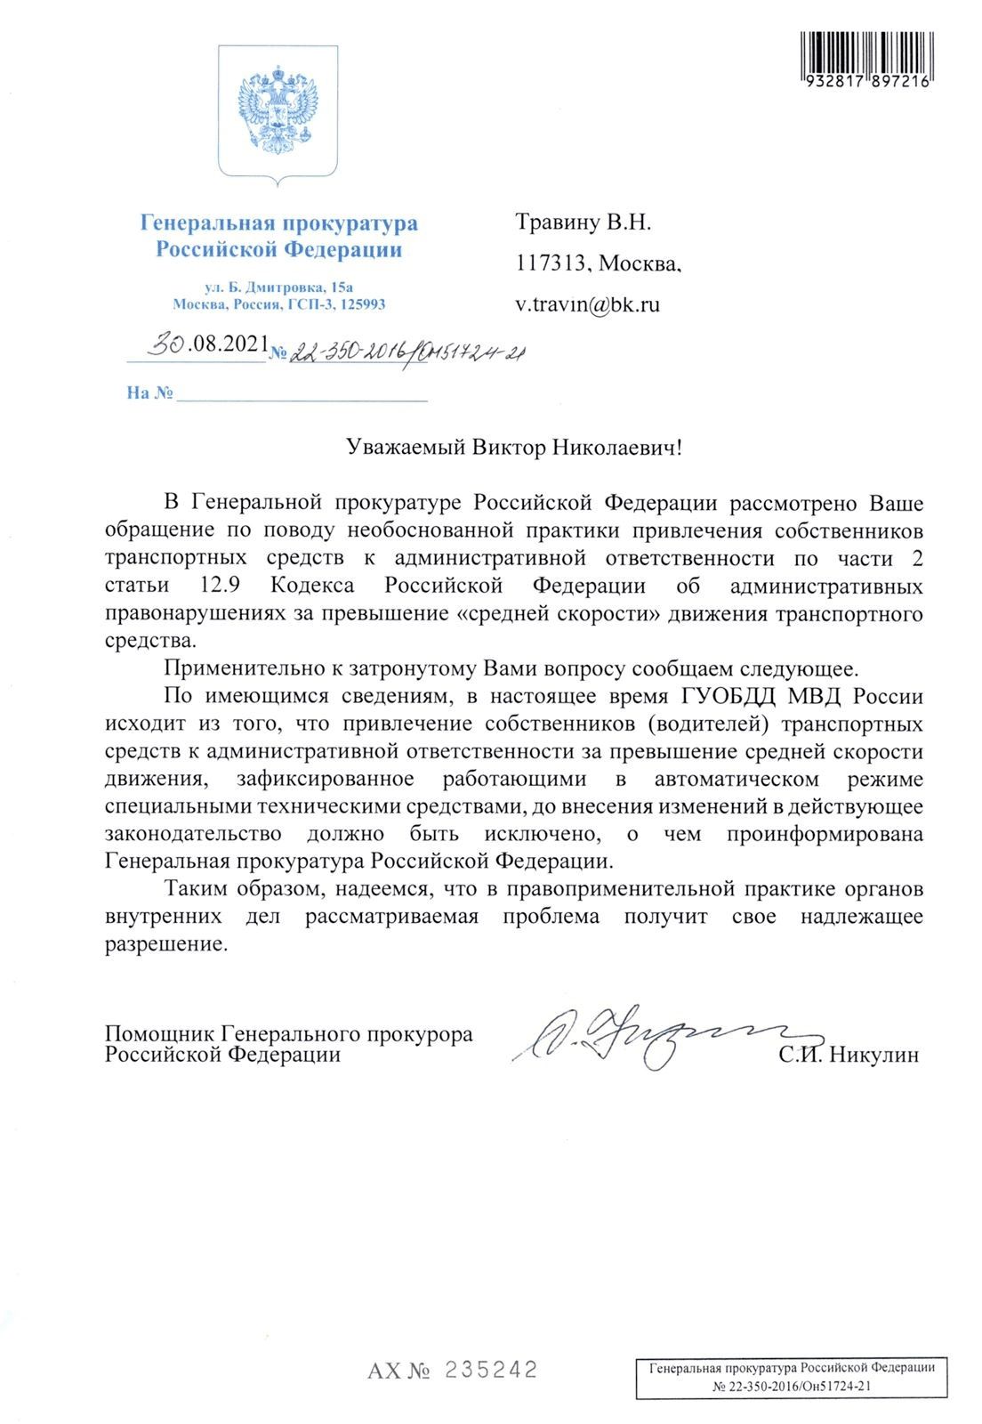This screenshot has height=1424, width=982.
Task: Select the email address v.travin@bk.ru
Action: [588, 304]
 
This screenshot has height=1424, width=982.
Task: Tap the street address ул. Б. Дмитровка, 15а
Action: [278, 287]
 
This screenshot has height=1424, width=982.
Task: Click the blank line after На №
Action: [302, 394]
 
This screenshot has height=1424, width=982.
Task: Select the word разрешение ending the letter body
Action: [166, 944]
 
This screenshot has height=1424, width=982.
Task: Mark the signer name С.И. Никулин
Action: [848, 1056]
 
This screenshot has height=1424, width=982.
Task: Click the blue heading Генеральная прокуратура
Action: [278, 222]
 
